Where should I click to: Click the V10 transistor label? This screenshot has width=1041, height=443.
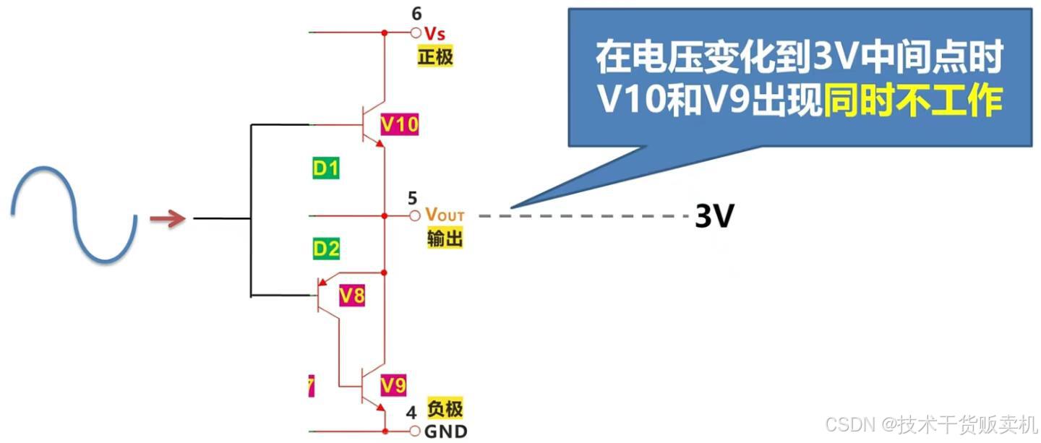pos(399,125)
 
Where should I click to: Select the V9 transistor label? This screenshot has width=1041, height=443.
pos(393,386)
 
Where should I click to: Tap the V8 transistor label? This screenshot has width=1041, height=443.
pos(352,295)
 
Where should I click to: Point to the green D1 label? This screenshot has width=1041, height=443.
pos(326,169)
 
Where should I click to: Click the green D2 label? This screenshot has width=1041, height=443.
pos(326,249)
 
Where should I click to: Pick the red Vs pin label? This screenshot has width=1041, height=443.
pos(434,33)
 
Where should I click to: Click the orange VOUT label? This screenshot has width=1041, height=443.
pos(445,215)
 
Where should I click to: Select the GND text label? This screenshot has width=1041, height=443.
pos(445,432)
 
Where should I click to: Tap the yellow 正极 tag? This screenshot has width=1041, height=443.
pos(435,56)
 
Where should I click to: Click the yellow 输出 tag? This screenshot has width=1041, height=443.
pos(445,238)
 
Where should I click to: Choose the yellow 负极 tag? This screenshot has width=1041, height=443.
pos(445,409)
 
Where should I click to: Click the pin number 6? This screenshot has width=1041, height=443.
pos(416,14)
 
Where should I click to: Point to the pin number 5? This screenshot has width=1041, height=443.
pos(412,197)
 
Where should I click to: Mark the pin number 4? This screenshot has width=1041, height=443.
pos(411,413)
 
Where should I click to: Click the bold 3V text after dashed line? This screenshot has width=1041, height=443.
pos(714,216)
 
